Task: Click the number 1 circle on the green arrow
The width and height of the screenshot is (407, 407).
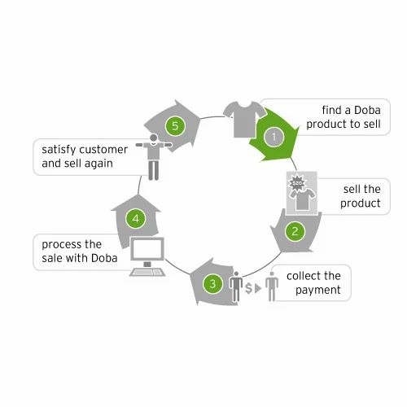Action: [x=274, y=137]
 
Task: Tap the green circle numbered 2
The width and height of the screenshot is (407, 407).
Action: [x=295, y=231]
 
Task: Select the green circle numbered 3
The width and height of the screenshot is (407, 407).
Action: [x=212, y=284]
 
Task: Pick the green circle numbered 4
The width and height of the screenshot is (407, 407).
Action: [x=136, y=218]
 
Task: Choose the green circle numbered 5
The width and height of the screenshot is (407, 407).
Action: [x=175, y=126]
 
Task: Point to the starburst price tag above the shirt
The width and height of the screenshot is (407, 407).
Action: [x=296, y=183]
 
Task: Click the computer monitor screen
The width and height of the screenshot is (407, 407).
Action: [x=147, y=249]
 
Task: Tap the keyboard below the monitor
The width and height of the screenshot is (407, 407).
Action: [x=147, y=272]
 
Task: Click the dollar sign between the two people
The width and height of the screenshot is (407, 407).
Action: [x=248, y=288]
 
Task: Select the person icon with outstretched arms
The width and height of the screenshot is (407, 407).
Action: [x=154, y=157]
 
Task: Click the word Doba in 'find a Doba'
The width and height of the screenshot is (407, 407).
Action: [x=367, y=110]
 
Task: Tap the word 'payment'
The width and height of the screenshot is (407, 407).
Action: [x=318, y=291]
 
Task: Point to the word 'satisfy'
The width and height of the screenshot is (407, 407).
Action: [x=59, y=150]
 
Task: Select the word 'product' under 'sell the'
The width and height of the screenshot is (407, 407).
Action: [x=361, y=203]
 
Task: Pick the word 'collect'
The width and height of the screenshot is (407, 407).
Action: [x=303, y=276]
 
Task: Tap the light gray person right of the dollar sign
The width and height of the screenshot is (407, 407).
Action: [x=272, y=287]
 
